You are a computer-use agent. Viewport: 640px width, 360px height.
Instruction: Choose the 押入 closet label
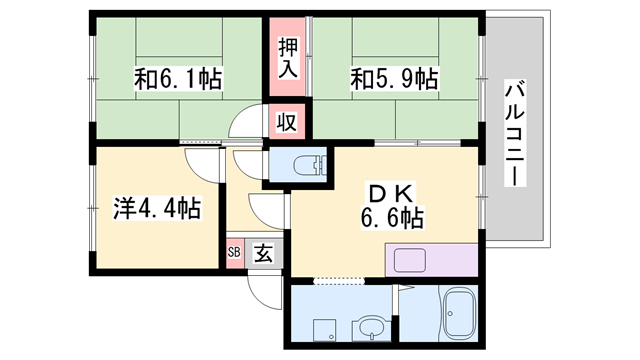[288, 56]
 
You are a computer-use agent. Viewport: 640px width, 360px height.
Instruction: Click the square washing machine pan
[323, 330]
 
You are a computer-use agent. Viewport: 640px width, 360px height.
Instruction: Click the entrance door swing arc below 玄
[262, 292]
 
